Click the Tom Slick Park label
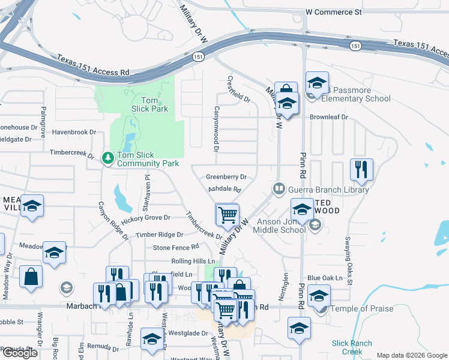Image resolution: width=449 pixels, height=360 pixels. [x=149, y=104]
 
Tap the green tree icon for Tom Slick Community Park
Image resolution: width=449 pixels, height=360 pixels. [x=108, y=158]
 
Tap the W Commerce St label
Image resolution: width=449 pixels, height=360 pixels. [x=334, y=11]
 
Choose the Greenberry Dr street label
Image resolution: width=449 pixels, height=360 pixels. [x=226, y=177]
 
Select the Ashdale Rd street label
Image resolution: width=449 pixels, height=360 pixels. [x=224, y=190]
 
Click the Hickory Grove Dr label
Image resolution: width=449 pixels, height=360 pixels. [x=146, y=219]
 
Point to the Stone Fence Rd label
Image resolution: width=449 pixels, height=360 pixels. [x=176, y=247]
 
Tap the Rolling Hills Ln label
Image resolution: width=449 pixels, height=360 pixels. [x=193, y=262]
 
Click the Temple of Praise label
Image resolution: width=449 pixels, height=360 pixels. [x=362, y=308]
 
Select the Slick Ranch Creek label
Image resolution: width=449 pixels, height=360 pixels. [x=352, y=347]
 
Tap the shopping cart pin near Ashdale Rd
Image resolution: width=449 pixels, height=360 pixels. [x=228, y=215]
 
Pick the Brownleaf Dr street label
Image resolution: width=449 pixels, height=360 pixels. [x=328, y=118]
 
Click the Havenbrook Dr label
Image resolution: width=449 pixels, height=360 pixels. [x=74, y=131]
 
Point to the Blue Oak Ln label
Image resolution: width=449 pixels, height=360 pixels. [x=325, y=278]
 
